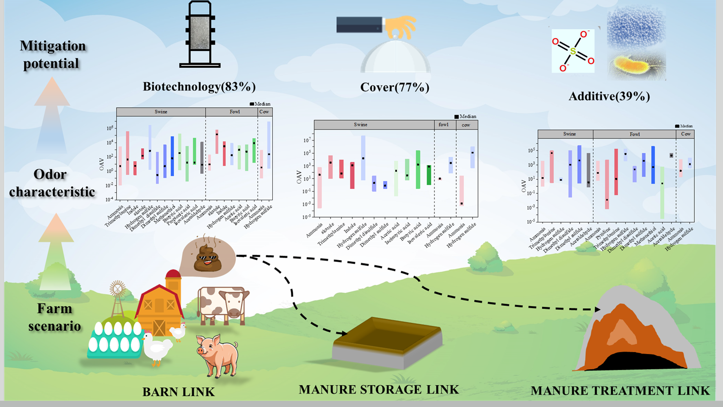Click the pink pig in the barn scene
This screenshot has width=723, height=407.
218,354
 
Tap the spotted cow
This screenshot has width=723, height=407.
223,304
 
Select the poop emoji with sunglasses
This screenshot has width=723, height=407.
208,258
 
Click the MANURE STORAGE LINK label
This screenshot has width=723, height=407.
379,390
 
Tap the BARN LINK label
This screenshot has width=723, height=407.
178,392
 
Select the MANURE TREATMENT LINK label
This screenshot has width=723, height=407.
620,391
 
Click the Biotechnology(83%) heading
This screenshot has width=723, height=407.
199,87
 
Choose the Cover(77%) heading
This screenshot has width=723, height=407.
394,88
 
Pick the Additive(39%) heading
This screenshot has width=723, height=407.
609,96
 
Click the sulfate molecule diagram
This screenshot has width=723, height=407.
573,51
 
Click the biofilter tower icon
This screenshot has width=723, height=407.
200,35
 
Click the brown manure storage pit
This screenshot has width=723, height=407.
387,341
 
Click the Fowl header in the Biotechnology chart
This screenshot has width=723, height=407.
235,112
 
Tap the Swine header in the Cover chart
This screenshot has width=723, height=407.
360,125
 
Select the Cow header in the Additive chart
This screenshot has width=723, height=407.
685,134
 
